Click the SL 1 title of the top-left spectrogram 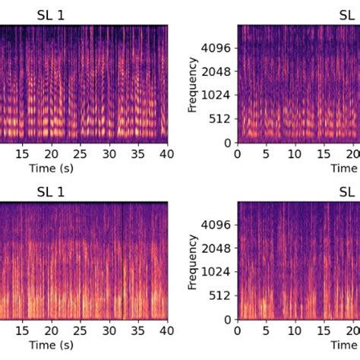tap(51, 15)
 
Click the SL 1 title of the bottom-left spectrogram tap(51, 192)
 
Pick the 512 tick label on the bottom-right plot tap(219, 295)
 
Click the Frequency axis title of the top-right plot tap(192, 85)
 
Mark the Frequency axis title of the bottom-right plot tap(192, 262)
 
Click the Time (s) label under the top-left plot tap(52, 169)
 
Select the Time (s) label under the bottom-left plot tap(52, 345)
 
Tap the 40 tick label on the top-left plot tap(167, 154)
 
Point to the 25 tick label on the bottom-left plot tap(81, 330)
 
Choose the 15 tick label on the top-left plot tap(22, 154)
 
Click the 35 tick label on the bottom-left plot tap(138, 330)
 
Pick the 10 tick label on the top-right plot tap(295, 154)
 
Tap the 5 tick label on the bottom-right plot tap(266, 330)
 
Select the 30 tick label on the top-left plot tap(109, 154)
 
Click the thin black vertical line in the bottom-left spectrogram tap(122, 261)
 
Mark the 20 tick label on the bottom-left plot tap(52, 330)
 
